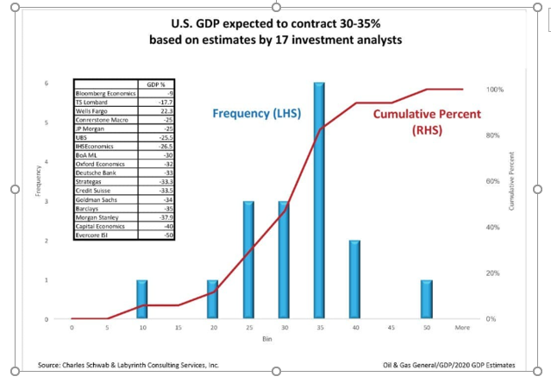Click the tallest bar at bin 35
tap(319, 201)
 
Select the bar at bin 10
tap(142, 299)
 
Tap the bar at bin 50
tap(426, 299)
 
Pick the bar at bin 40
tap(354, 279)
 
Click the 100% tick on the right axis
tap(495, 90)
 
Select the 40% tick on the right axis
tap(493, 227)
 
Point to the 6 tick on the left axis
tap(47, 83)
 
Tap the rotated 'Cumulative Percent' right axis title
tap(512, 181)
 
